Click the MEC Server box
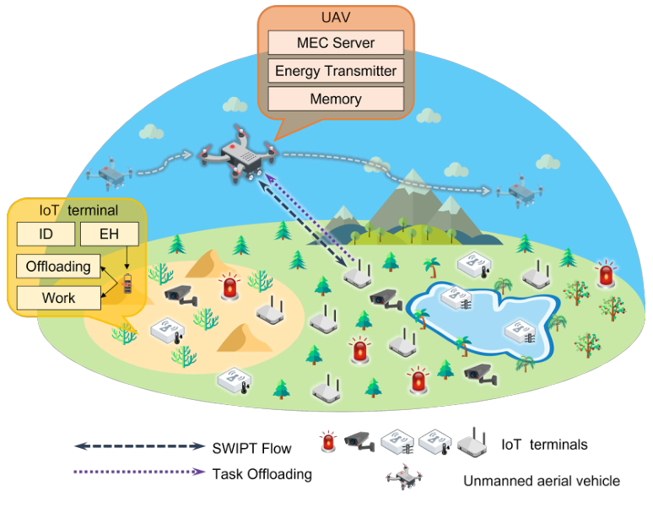tap(335, 43)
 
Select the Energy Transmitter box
tap(335, 71)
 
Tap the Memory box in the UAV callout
tap(335, 99)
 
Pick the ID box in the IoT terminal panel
tap(44, 235)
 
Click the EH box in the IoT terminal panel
tap(109, 235)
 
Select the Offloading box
tap(58, 267)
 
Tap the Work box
tap(58, 297)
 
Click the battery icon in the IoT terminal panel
tap(127, 283)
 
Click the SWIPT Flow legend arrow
tap(139, 445)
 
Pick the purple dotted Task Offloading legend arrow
tap(139, 472)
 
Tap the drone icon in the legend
tap(404, 478)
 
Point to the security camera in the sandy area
tap(180, 293)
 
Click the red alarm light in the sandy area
tap(229, 288)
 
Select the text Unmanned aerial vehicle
tap(541, 481)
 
